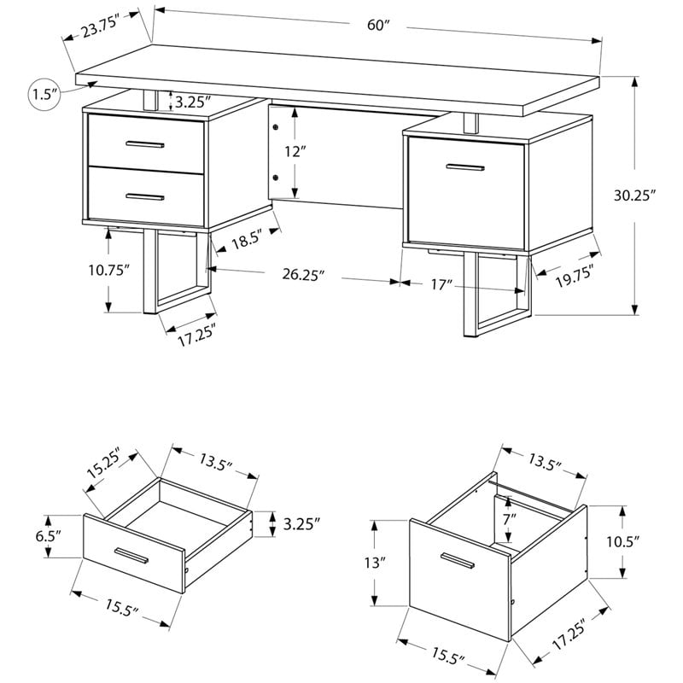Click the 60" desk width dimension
coord(378,25)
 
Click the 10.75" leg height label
coord(108,270)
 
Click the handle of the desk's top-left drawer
coord(145,143)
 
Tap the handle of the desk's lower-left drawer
coord(145,196)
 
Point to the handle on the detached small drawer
coord(131,557)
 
